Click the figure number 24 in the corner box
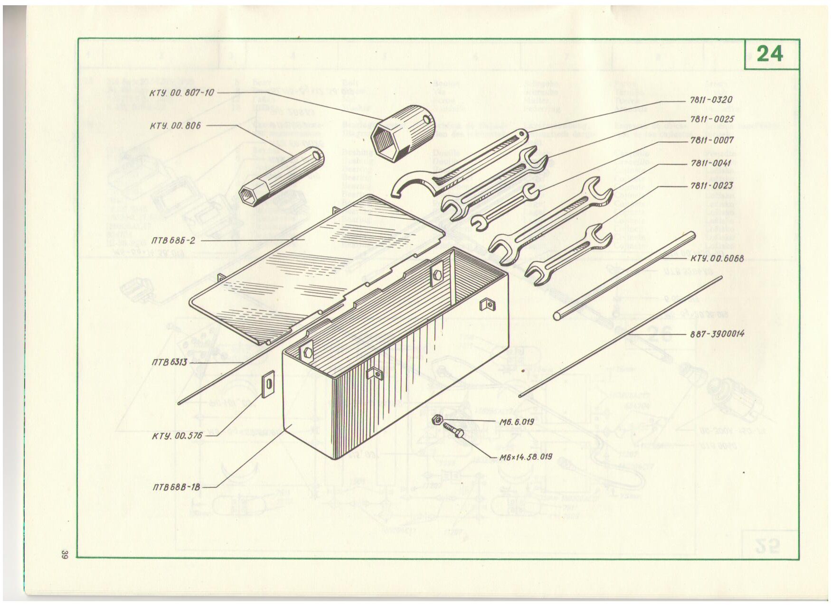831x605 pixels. point(770,54)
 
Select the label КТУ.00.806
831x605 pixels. point(175,126)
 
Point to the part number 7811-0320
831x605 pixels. point(711,100)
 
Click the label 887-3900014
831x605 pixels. point(717,334)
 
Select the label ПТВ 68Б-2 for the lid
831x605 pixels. point(173,240)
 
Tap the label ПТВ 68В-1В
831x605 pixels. point(178,486)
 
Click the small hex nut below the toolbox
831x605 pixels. point(438,420)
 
